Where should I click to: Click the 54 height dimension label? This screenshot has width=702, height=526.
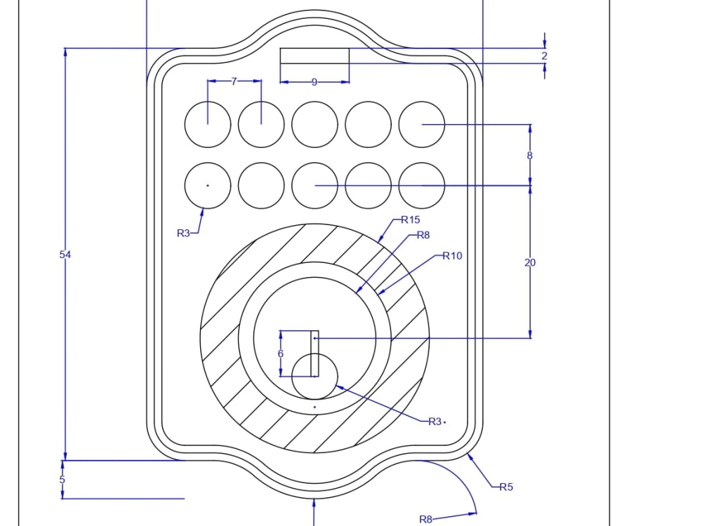tap(65, 255)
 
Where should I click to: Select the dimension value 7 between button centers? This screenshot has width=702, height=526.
tap(234, 81)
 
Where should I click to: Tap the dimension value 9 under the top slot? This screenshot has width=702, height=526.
tap(314, 82)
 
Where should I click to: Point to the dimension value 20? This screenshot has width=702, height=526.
tap(530, 262)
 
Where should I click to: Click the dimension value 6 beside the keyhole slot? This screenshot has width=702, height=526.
tap(281, 353)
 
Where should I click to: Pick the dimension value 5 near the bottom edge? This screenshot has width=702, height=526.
tap(62, 480)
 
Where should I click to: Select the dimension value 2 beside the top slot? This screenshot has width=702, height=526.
tap(544, 55)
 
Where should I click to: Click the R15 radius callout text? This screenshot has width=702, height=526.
tap(411, 220)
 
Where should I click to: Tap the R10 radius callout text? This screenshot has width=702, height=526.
tap(452, 255)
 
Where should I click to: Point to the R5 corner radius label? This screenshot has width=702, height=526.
tap(506, 487)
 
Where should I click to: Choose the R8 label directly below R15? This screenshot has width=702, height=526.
tap(423, 235)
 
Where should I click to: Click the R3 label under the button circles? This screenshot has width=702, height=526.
tap(183, 233)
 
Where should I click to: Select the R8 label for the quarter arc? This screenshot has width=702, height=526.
tap(426, 519)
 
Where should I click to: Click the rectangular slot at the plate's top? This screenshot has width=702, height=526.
tap(314, 55)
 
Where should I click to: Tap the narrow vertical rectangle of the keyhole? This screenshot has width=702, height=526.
tap(314, 353)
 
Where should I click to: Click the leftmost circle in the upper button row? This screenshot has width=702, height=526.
tap(208, 125)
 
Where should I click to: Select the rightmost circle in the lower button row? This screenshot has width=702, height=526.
tap(422, 186)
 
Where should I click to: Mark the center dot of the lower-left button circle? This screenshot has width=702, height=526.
tap(208, 186)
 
